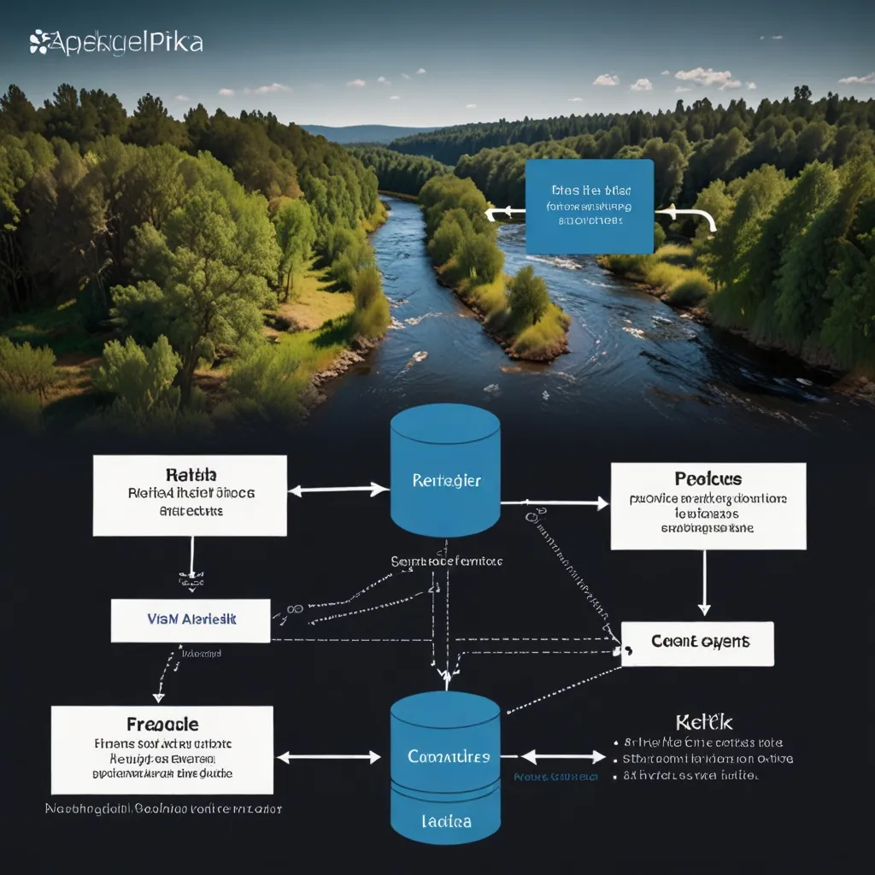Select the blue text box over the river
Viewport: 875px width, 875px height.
tap(589, 206)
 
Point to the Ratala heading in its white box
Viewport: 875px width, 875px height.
tap(190, 474)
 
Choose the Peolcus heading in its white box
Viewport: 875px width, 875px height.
tap(708, 479)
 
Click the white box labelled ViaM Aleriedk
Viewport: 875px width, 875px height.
tap(191, 620)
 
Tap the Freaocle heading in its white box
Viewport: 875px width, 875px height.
tap(162, 725)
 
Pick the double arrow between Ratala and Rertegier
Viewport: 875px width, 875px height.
tap(338, 490)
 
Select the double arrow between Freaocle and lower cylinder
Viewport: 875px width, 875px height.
tap(328, 757)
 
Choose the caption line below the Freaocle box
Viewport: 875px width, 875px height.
tap(163, 807)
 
